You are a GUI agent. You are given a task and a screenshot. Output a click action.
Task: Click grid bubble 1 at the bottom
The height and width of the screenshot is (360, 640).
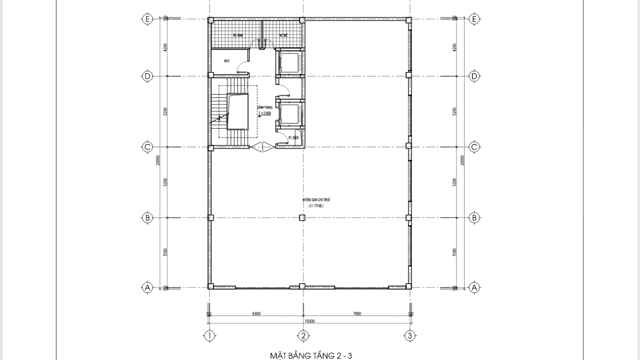coord(209,335)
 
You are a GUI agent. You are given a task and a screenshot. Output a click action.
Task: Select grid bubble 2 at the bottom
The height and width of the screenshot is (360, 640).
coord(303,335)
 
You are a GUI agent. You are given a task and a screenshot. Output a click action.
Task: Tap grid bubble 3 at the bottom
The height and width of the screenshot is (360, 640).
coord(410,335)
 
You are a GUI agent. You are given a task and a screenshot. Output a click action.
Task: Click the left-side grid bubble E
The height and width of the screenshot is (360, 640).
coord(147,19)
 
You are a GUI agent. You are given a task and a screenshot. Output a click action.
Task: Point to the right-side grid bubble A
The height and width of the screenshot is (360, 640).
coord(474,287)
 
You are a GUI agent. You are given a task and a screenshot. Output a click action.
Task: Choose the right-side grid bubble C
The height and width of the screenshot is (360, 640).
coord(474,147)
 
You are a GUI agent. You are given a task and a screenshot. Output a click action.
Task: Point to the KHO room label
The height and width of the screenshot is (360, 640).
coord(227,61)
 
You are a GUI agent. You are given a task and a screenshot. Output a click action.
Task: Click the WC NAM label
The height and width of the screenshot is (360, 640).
coord(236,35)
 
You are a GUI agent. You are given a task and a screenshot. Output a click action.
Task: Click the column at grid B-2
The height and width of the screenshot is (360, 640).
coord(303,217)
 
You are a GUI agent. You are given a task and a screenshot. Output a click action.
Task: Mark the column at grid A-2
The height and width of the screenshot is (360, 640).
coord(303,287)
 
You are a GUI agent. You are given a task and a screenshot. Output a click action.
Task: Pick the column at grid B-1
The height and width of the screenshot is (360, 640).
coord(210,217)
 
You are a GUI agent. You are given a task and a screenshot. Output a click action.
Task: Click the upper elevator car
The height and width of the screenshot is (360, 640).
coord(290,63)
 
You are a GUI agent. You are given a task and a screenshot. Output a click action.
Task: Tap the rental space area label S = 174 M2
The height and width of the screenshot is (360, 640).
coord(315,207)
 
